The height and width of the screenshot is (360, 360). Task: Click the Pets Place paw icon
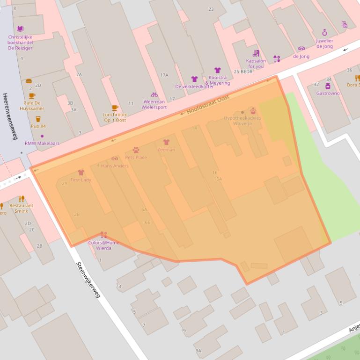pyautogui.click(x=136, y=150)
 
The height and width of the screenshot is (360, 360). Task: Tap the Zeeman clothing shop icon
pyautogui.click(x=166, y=142)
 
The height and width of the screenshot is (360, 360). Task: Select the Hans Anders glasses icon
pyautogui.click(x=115, y=158)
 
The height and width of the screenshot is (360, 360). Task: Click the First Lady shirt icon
pyautogui.click(x=81, y=173)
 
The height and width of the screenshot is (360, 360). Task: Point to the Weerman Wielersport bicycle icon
pyautogui.click(x=154, y=94)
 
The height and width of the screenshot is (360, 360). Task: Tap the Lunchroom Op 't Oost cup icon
pyautogui.click(x=115, y=108)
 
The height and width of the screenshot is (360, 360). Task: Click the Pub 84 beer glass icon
pyautogui.click(x=38, y=119)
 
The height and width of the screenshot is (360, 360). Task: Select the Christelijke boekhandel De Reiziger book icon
pyautogui.click(x=20, y=29)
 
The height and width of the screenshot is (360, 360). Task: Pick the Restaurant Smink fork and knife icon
pyautogui.click(x=21, y=199)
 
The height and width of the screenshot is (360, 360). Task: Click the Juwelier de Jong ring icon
pyautogui.click(x=324, y=32)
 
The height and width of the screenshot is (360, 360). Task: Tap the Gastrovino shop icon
pyautogui.click(x=328, y=86)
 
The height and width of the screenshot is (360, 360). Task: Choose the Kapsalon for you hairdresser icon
pyautogui.click(x=256, y=53)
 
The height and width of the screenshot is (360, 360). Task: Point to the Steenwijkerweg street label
pyautogui.click(x=88, y=279)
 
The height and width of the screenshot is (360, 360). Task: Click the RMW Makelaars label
pyautogui.click(x=42, y=143)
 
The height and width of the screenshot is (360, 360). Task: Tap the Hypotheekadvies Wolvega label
pyautogui.click(x=242, y=121)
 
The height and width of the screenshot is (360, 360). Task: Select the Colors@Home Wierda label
pyautogui.click(x=103, y=245)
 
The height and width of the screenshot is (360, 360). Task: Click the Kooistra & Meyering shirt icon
pyautogui.click(x=218, y=70)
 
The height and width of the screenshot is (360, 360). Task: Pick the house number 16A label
pyautogui.click(x=218, y=179)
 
